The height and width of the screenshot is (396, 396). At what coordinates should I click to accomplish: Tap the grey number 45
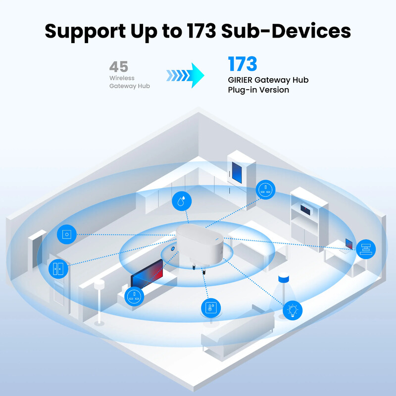(118, 67)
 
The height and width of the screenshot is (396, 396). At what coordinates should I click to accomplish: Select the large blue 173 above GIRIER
(243, 64)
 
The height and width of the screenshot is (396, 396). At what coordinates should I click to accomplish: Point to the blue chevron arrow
(185, 75)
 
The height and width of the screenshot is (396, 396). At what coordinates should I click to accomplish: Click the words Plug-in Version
(258, 90)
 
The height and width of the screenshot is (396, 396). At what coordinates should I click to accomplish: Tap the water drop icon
(182, 200)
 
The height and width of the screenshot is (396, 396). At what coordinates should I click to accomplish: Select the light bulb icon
(293, 310)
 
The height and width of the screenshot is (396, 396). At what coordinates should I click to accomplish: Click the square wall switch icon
(66, 234)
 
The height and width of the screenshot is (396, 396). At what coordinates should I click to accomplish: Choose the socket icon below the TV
(134, 297)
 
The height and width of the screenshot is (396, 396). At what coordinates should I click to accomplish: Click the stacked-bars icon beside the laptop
(366, 248)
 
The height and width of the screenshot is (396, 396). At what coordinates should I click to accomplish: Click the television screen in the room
(147, 273)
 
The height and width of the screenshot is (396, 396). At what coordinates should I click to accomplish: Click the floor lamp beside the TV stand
(99, 297)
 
